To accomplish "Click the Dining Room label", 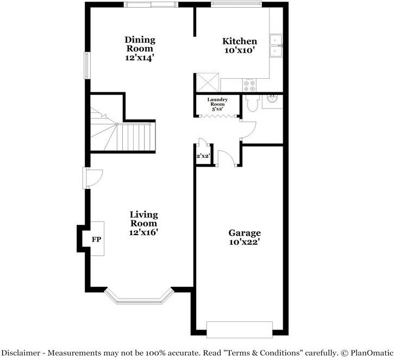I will coord(140,48).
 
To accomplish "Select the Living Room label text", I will coord(143,223).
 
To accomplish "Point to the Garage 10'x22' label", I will coord(244,237).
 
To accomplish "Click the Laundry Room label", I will coord(217,104).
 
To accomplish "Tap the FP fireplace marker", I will coord(96,239).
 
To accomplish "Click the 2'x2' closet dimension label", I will coord(203,156).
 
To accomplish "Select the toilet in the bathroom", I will coord(251,104).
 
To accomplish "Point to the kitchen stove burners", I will coord(249,84).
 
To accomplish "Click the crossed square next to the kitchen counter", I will coord(207,82).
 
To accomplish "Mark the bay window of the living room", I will coord(138,298).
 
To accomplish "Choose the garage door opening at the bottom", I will coord(239,329).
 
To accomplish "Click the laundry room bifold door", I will coord(217,115).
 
